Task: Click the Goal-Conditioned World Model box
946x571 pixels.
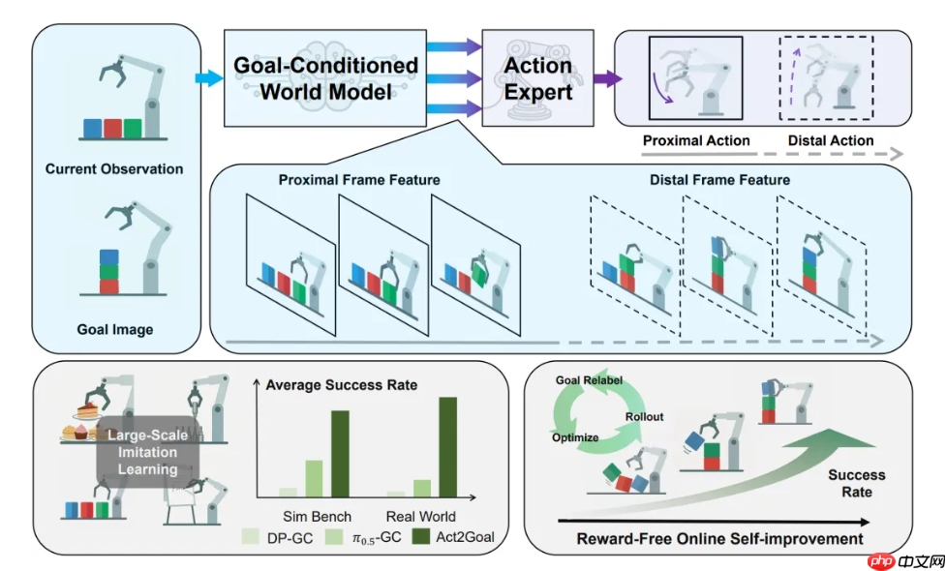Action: (325, 78)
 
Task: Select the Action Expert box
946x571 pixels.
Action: (537, 78)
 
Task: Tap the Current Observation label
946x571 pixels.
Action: (114, 168)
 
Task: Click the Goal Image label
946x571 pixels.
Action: (114, 329)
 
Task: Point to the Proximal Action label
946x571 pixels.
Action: (696, 140)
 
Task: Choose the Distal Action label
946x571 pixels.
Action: (830, 140)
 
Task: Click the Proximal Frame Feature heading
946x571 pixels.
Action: (359, 180)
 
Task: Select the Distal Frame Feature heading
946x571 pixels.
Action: (719, 180)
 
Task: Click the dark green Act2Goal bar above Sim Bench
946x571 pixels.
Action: (340, 453)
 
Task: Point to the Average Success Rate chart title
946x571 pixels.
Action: (341, 385)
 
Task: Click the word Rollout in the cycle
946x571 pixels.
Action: (645, 417)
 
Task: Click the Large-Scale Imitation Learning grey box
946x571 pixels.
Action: (142, 452)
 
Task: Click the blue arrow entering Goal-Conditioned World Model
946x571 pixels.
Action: (207, 78)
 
